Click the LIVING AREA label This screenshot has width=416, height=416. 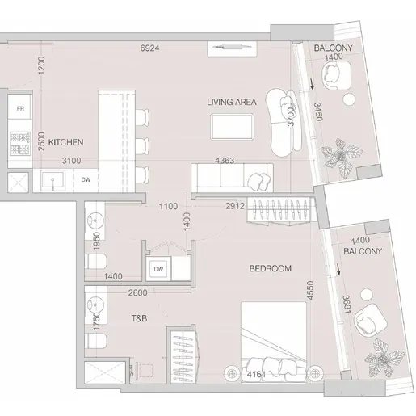(x=232, y=102)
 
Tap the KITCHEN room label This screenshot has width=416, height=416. (x=65, y=142)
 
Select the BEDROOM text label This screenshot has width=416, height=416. (x=270, y=268)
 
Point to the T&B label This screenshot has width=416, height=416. (x=139, y=318)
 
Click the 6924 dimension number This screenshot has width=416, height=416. (x=149, y=48)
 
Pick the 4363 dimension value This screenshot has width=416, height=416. (x=225, y=161)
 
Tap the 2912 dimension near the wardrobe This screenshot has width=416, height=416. (x=235, y=206)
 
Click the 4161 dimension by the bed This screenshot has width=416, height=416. (x=256, y=374)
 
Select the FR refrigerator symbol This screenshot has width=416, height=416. (x=20, y=108)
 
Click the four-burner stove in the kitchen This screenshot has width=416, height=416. (x=19, y=143)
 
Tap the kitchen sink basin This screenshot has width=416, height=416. (x=53, y=180)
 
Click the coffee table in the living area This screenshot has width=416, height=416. (x=233, y=127)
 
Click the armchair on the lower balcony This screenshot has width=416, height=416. (x=368, y=320)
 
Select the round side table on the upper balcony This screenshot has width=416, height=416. (x=349, y=99)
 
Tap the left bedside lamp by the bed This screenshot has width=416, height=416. (x=232, y=374)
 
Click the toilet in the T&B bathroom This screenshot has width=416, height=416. (x=96, y=341)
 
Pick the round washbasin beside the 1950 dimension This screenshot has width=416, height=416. (x=95, y=221)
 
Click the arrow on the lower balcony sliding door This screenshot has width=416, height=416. (x=338, y=270)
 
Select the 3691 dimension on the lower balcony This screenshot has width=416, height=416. (x=347, y=305)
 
